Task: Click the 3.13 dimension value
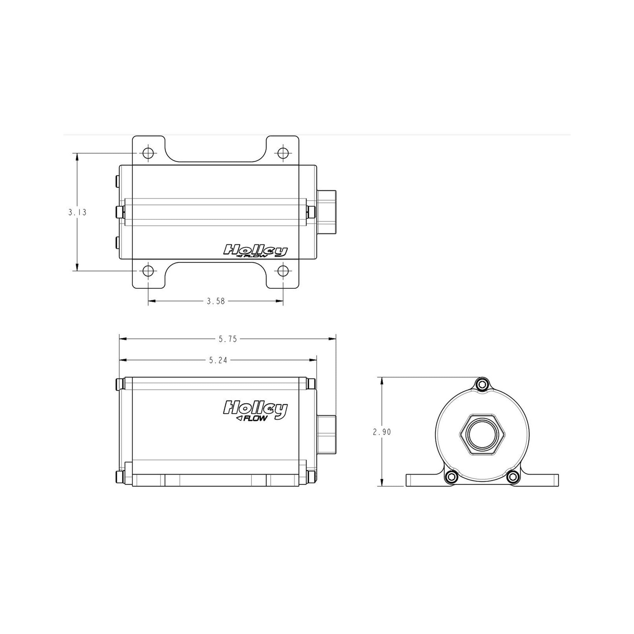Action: click(77, 212)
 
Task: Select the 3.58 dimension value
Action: click(216, 301)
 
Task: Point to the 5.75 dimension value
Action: click(228, 339)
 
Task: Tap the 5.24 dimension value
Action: click(218, 360)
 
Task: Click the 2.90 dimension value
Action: click(382, 432)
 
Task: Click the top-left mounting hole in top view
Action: click(148, 153)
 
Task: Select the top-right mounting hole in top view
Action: click(283, 153)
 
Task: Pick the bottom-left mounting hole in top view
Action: click(148, 271)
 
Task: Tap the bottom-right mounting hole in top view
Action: click(283, 271)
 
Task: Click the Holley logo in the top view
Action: click(255, 251)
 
